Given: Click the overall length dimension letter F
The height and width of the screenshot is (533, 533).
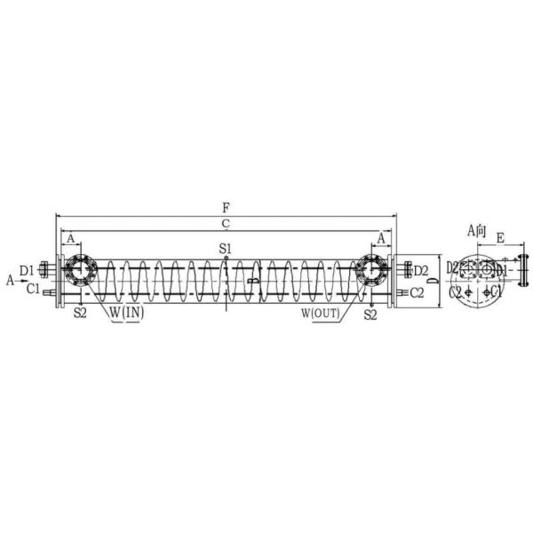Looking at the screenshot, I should click(x=227, y=207).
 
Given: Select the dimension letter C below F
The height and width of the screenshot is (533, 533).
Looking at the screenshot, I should click(x=227, y=222).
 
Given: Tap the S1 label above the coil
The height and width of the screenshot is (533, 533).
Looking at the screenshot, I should click(x=227, y=249).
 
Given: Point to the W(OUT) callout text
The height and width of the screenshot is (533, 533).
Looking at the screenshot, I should click(x=321, y=314).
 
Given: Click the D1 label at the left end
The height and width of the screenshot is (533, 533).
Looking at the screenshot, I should click(x=27, y=267).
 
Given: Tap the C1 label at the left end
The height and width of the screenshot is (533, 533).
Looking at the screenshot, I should click(x=32, y=289).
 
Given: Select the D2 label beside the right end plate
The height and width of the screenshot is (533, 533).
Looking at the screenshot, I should click(x=421, y=270).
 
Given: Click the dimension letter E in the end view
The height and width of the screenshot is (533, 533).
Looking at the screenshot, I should click(x=500, y=238).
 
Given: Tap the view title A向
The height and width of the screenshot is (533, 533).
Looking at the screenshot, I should click(x=478, y=230).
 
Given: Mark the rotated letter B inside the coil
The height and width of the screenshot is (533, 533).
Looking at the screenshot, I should click(x=252, y=281).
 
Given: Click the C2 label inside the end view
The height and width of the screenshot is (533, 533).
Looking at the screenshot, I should click(x=455, y=291).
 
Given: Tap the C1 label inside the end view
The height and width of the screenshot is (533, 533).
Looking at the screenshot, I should click(x=497, y=291).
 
